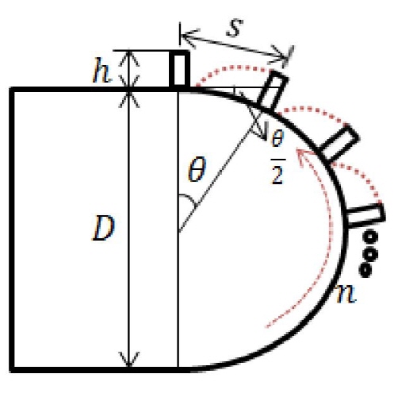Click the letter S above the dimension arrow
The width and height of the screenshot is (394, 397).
coord(235,28)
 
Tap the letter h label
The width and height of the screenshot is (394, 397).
coord(101,71)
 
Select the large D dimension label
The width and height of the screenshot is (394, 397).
coord(104,228)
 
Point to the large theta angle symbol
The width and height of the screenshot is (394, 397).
coord(196,169)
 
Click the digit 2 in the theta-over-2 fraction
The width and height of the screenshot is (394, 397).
coord(277,175)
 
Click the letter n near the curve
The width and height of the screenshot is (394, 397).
coord(346,293)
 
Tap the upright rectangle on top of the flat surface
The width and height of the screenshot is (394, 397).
coord(180,69)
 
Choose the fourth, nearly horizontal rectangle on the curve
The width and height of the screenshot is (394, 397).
coord(365,215)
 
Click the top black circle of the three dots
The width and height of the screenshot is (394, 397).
coord(369,237)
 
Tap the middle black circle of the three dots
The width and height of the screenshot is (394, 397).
coord(369,254)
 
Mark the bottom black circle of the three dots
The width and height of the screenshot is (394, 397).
coord(365,271)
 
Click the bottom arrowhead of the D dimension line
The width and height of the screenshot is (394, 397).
coord(128,360)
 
